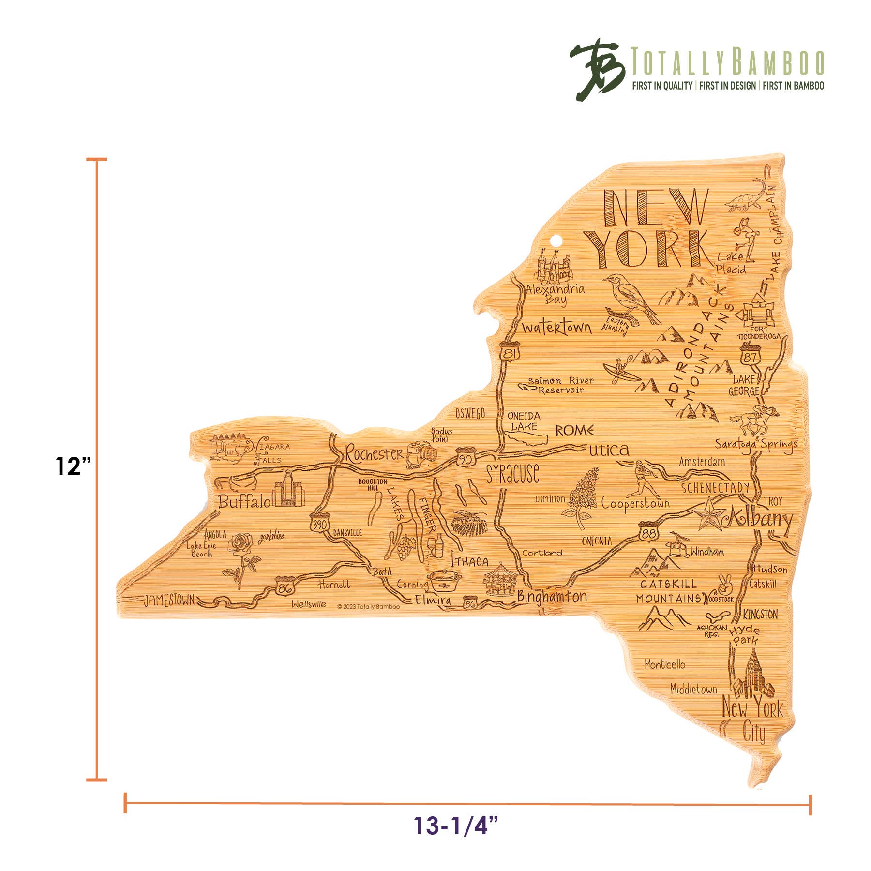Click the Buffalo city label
click(x=244, y=501)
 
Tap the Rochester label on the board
click(x=374, y=454)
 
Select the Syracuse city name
click(x=512, y=473)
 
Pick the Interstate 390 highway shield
click(x=319, y=524)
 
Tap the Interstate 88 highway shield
click(x=648, y=532)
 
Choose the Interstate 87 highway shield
click(x=750, y=356)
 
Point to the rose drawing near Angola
click(x=241, y=556)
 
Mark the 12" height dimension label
click(x=73, y=466)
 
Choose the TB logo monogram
click(x=596, y=69)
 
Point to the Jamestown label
click(x=169, y=601)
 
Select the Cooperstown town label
click(x=635, y=504)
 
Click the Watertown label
click(x=556, y=328)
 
